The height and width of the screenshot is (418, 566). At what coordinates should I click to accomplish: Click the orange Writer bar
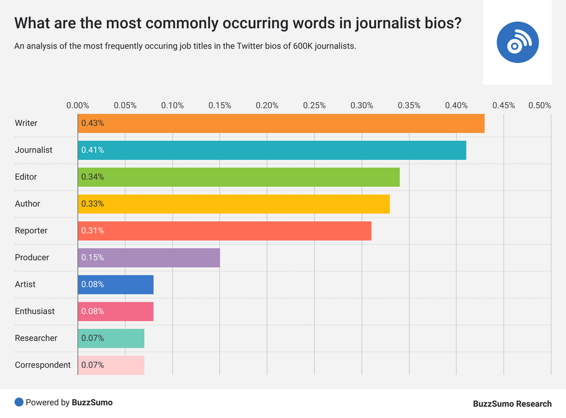point(281,123)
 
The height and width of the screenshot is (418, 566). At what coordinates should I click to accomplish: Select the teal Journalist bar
point(271,150)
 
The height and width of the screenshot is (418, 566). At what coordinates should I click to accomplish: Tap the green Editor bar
point(238,177)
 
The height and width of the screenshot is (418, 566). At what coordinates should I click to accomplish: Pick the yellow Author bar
point(233,203)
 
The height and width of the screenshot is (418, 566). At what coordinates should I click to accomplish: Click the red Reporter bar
point(224,231)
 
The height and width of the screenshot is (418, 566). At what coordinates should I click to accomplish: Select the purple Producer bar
point(148,258)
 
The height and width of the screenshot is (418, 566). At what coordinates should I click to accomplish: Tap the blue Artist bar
point(115,284)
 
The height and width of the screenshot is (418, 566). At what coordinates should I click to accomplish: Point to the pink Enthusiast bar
point(115,311)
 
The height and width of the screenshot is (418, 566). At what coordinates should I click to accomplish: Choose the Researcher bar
point(111,338)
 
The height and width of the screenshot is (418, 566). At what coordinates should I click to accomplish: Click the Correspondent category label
point(43,365)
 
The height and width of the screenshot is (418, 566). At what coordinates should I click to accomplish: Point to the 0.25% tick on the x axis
point(315,105)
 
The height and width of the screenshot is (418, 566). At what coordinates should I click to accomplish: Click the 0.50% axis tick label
point(539,105)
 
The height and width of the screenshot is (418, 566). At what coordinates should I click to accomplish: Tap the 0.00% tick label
point(77,105)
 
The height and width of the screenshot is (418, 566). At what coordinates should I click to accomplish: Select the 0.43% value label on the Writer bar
point(92,123)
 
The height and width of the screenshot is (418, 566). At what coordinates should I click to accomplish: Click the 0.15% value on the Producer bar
point(92,258)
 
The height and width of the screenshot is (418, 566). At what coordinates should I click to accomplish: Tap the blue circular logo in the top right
point(517,43)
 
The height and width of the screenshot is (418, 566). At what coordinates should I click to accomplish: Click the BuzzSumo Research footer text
point(512,404)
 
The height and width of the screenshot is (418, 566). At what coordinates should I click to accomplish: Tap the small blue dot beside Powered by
point(19,403)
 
